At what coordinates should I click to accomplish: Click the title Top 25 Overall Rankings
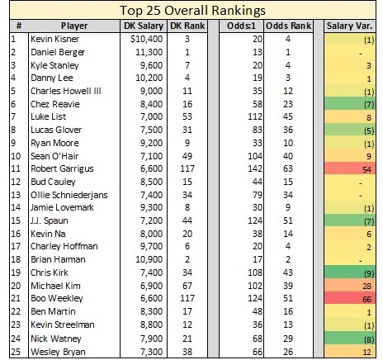[x=192, y=11]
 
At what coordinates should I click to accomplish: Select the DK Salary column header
[x=144, y=26]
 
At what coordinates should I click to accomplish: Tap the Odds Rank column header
[x=288, y=26]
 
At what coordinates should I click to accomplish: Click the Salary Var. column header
[x=349, y=26]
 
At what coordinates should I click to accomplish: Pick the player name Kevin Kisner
[x=54, y=39]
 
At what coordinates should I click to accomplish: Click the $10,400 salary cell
[x=147, y=39]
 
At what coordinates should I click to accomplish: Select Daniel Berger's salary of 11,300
[x=149, y=52]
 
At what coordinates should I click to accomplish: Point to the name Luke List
[x=48, y=116]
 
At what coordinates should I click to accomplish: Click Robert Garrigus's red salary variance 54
[x=366, y=169]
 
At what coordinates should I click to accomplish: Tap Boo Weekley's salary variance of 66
[x=366, y=299]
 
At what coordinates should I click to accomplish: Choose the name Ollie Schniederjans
[x=69, y=195]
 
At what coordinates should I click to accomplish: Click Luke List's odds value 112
[x=255, y=116]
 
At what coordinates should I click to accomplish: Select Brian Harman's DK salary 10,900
[x=149, y=259]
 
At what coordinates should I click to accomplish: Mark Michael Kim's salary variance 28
[x=366, y=287]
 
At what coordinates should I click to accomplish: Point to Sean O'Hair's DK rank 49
[x=187, y=156]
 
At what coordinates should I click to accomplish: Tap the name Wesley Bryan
[x=58, y=352]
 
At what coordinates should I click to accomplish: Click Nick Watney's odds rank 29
[x=288, y=339]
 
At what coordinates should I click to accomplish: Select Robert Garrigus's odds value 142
[x=255, y=168]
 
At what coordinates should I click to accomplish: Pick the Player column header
[x=74, y=26]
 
